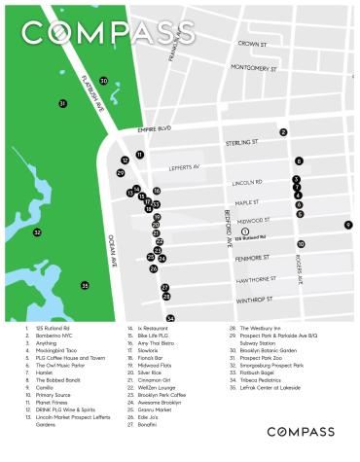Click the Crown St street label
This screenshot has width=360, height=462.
252,44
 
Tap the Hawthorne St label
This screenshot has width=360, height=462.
255,279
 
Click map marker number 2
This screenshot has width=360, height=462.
283,131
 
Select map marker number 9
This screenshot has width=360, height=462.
347,225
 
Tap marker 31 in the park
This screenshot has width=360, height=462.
63,102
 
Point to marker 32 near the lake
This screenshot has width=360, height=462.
37,232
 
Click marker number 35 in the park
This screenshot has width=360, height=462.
85,285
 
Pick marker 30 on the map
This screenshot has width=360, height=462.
104,81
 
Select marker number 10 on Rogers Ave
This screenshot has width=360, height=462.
301,244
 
